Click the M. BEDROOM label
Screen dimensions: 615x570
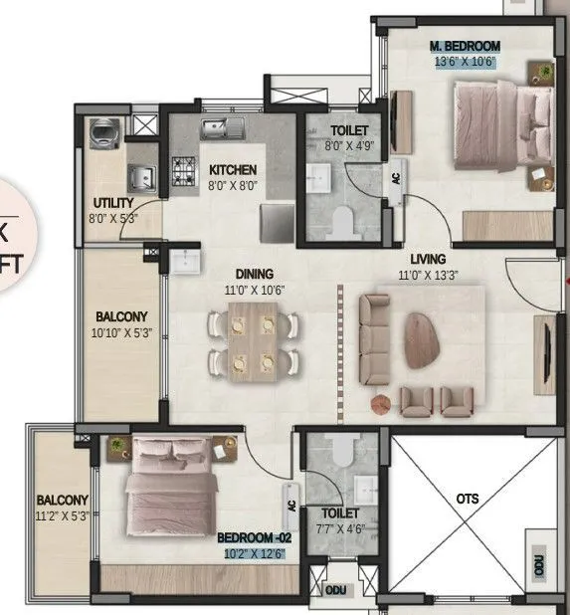point(465,46)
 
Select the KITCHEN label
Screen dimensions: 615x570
point(233,170)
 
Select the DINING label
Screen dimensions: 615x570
point(255,274)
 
